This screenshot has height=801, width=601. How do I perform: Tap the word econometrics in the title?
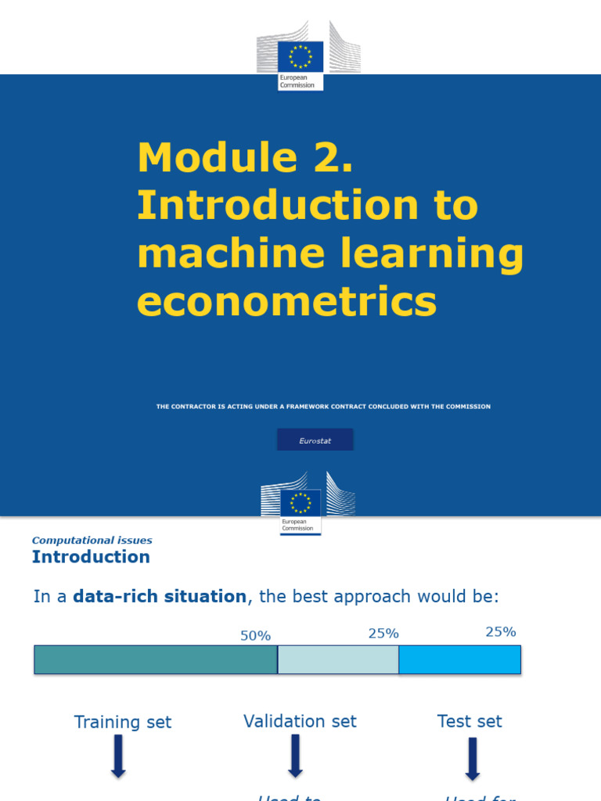pyautogui.click(x=286, y=301)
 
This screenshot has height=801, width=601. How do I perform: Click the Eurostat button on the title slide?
pyautogui.click(x=315, y=440)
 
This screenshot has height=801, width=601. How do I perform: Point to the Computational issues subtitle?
pyautogui.click(x=92, y=541)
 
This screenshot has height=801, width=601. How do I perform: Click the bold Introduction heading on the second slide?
pyautogui.click(x=91, y=557)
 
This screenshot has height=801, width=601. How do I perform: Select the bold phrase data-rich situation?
pyautogui.click(x=160, y=597)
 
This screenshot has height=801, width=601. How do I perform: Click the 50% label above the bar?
pyautogui.click(x=255, y=636)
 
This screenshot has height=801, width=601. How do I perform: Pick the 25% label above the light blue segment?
pyautogui.click(x=383, y=634)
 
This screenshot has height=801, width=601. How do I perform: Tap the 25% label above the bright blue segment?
pyautogui.click(x=501, y=632)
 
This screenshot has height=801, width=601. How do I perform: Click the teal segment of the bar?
pyautogui.click(x=156, y=659)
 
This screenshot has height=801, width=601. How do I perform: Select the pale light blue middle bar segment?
pyautogui.click(x=338, y=659)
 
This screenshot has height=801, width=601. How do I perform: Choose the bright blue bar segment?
pyautogui.click(x=459, y=659)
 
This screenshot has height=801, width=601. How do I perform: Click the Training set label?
pyautogui.click(x=123, y=722)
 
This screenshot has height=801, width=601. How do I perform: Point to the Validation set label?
pyautogui.click(x=300, y=721)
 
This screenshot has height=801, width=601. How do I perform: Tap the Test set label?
pyautogui.click(x=470, y=721)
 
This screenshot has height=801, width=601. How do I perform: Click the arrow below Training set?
pyautogui.click(x=118, y=756)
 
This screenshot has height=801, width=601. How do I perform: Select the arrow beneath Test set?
pyautogui.click(x=472, y=759)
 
